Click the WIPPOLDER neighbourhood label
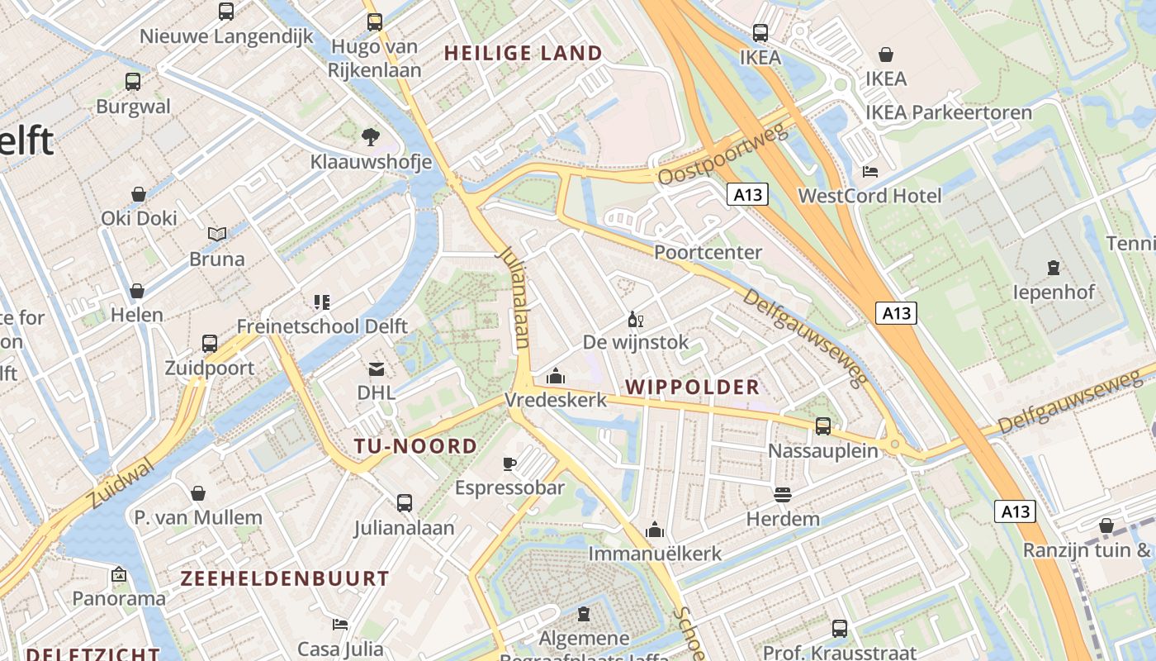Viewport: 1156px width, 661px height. pyautogui.click(x=692, y=387)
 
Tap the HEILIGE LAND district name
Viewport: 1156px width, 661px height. pyautogui.click(x=524, y=54)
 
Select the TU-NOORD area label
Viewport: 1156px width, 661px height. pyautogui.click(x=415, y=446)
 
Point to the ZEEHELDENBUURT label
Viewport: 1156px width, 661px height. pyautogui.click(x=285, y=578)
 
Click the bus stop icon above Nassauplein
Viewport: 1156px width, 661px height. pyautogui.click(x=823, y=426)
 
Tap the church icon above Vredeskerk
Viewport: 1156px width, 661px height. pyautogui.click(x=556, y=377)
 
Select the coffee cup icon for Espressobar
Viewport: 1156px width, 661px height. pyautogui.click(x=509, y=464)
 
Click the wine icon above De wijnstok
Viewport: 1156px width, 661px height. pyautogui.click(x=635, y=319)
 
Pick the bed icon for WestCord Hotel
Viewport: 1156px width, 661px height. pyautogui.click(x=869, y=172)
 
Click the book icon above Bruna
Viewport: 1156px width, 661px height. pyautogui.click(x=217, y=235)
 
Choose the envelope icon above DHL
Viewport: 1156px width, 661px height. pyautogui.click(x=377, y=369)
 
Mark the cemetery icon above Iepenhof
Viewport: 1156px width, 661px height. pyautogui.click(x=1054, y=268)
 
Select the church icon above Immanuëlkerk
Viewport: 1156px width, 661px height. pyautogui.click(x=655, y=530)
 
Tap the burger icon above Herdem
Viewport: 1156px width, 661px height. pyautogui.click(x=783, y=495)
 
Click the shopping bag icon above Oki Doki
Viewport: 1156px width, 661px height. pyautogui.click(x=139, y=194)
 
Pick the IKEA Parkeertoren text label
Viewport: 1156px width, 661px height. pyautogui.click(x=949, y=112)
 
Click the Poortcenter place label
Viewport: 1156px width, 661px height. pyautogui.click(x=708, y=252)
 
